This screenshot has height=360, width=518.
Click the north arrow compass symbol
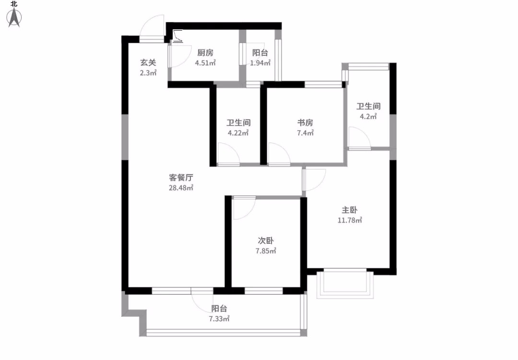coord(14,18)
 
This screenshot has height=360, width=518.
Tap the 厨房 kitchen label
coord(205,53)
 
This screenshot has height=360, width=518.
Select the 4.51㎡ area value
coord(205,63)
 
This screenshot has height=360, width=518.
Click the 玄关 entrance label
coord(148,62)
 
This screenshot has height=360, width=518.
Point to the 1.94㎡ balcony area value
coord(260,63)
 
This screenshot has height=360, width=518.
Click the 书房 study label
coord(305,123)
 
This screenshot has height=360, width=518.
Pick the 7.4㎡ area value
coord(305,133)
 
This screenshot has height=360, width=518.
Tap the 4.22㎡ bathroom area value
coord(238,133)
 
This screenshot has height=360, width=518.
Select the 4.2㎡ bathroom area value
coord(368,116)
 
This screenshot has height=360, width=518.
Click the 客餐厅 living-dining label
coord(181,178)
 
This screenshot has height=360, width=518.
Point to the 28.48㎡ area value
coord(181,188)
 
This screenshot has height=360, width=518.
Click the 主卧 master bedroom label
coord(350,210)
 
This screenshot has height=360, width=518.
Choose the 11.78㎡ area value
coord(350,220)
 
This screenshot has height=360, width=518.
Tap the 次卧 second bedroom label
coord(266,240)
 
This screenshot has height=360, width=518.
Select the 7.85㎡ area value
coord(266,251)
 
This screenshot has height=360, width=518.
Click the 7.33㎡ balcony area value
coord(219,319)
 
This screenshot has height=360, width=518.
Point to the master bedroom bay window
coord(345,284)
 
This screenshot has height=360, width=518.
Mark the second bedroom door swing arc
coord(249,213)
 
